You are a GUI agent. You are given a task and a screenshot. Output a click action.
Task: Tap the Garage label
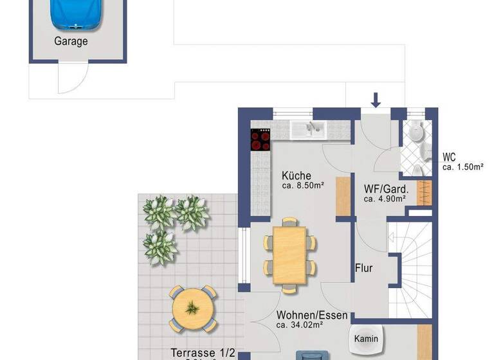point(71,41)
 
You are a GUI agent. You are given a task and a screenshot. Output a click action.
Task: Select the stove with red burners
point(261,139)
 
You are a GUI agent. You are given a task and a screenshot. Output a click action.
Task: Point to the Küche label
point(297,175)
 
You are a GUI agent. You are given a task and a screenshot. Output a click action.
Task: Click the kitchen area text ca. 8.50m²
point(302,186)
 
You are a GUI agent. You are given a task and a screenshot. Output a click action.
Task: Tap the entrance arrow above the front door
point(376,100)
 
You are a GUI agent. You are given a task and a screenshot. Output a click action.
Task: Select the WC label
point(449,157)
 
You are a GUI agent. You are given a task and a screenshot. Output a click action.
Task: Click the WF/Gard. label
point(385,189)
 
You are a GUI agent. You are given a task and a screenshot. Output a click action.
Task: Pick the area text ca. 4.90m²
point(385,199)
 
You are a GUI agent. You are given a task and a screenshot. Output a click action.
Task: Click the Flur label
point(364,268)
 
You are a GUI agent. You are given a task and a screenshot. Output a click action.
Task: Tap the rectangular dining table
point(290,255)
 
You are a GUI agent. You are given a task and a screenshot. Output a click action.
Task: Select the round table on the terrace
point(192,308)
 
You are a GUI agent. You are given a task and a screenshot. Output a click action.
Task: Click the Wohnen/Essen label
point(312,316)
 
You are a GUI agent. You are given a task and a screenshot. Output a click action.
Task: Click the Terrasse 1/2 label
point(203,353)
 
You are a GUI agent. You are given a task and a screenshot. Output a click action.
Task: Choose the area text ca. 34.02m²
point(300,325)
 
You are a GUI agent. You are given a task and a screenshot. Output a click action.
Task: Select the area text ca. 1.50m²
point(462,167)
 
